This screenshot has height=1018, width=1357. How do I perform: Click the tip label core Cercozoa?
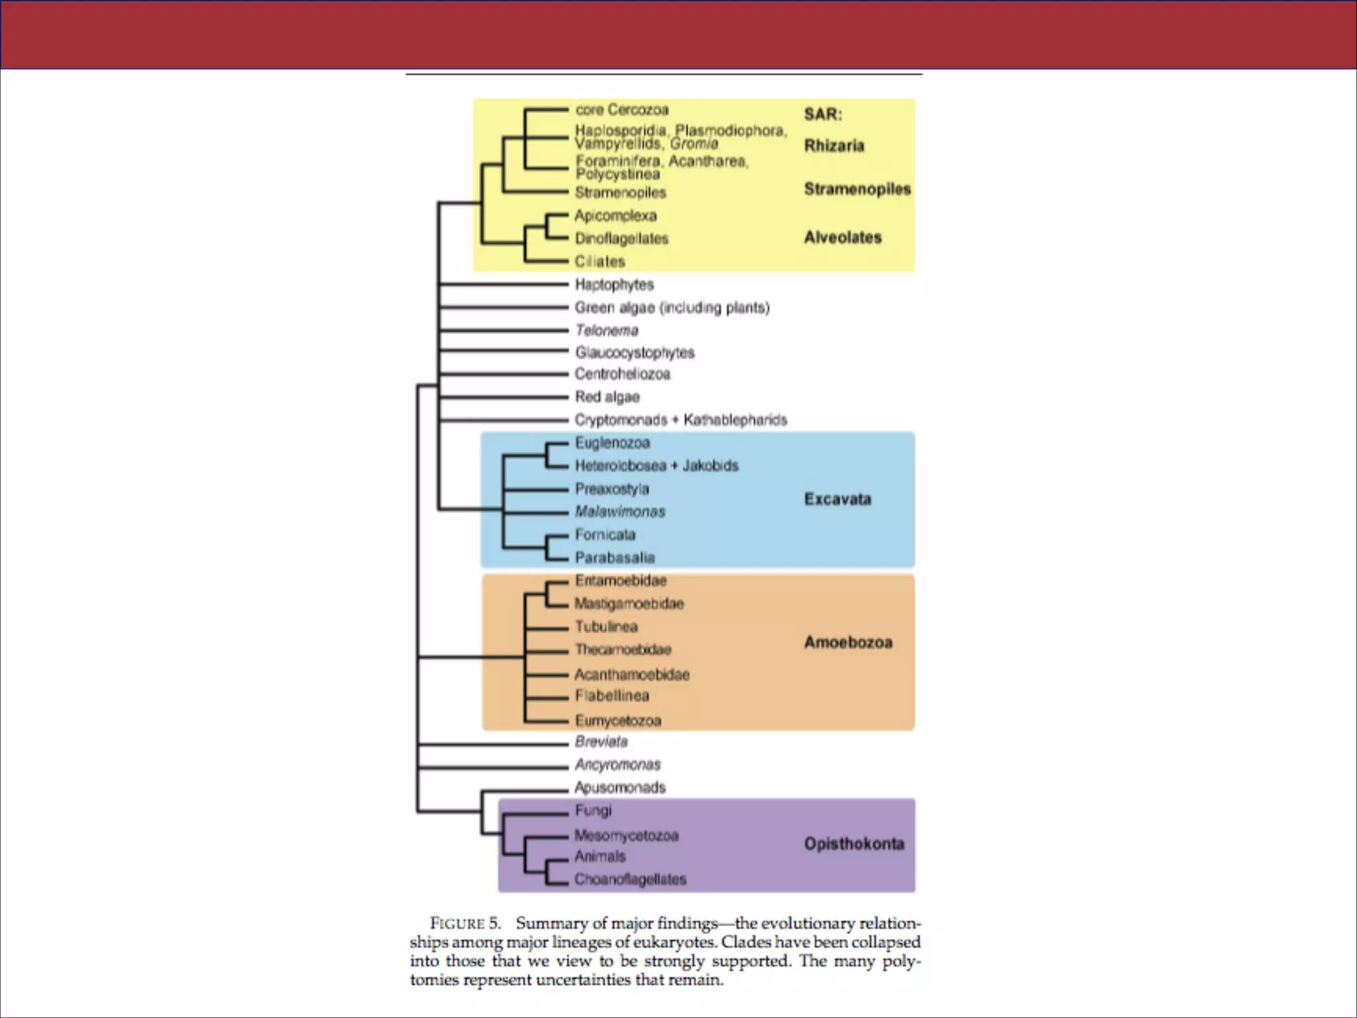tap(622, 109)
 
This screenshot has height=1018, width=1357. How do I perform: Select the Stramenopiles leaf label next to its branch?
tap(620, 193)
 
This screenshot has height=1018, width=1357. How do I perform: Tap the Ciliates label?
tap(600, 261)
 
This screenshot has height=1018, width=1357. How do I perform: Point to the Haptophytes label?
tap(614, 284)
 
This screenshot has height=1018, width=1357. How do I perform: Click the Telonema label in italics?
tap(606, 330)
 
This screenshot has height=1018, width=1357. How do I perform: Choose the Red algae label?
tap(607, 397)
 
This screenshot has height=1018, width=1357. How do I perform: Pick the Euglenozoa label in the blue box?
tap(612, 443)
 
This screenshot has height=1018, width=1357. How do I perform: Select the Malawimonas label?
tap(620, 512)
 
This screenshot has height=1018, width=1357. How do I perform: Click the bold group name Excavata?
tap(838, 499)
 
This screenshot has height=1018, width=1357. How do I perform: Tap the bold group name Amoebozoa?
tap(848, 642)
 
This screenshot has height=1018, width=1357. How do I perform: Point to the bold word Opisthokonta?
tap(854, 844)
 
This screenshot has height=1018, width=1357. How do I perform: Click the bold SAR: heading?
tap(823, 114)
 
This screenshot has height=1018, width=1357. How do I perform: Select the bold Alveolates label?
tap(843, 237)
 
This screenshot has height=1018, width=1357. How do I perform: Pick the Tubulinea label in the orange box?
tap(606, 626)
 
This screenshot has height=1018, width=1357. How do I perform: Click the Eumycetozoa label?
tap(618, 720)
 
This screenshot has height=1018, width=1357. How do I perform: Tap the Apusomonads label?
tap(620, 787)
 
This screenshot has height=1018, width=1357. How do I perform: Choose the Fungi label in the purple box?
tap(593, 810)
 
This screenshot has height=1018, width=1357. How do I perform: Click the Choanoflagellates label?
tap(630, 879)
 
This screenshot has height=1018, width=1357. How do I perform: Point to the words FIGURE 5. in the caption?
tap(465, 923)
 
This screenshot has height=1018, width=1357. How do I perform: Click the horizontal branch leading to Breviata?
tap(494, 744)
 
